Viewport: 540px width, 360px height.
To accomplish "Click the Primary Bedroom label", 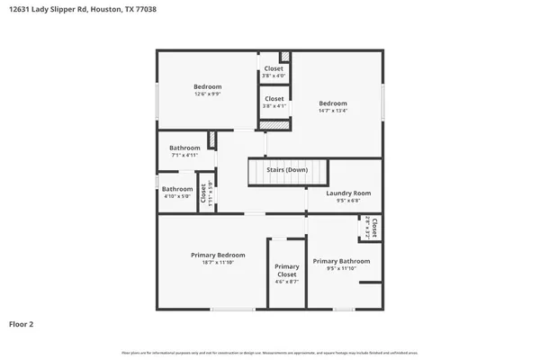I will click(218, 255).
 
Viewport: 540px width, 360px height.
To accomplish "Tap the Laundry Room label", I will click(348, 193).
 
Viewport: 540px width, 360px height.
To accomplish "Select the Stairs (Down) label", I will click(287, 170).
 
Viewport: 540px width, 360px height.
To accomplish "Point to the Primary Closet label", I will click(287, 270).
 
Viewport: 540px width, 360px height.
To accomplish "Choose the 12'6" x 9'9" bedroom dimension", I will click(208, 94).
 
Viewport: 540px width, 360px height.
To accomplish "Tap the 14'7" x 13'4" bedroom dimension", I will click(332, 112).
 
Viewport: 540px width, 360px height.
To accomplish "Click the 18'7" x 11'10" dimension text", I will click(218, 263).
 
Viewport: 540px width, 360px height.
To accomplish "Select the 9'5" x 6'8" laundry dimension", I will click(348, 202).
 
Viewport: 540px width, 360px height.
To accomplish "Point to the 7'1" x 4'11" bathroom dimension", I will click(184, 156).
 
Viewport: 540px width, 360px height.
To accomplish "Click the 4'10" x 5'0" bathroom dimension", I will click(176, 197).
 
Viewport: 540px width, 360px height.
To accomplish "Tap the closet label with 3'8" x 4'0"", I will click(274, 68).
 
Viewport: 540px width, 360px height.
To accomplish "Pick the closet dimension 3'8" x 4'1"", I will click(274, 106).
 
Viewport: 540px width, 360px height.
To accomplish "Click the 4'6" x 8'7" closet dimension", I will click(287, 282).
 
